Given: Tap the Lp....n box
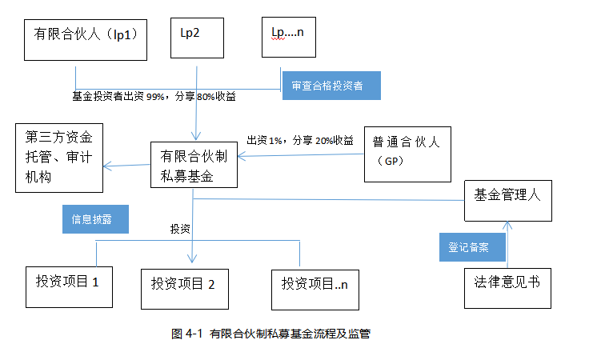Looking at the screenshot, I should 294,36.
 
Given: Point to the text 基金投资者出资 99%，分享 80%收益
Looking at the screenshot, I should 154,97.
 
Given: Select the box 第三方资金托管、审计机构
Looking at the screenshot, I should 59,157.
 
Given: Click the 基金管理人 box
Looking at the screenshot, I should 508,200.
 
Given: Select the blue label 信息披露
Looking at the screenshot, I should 94,218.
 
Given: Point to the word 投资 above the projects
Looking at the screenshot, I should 180,230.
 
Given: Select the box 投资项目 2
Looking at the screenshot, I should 183,285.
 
